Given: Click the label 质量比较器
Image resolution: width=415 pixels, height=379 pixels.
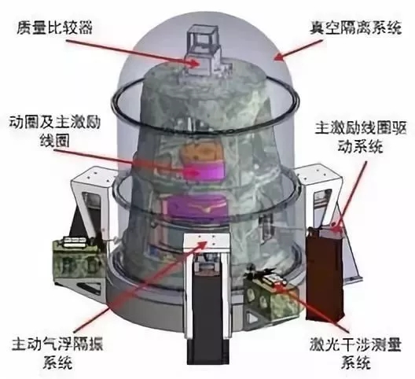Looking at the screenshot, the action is point(54,28).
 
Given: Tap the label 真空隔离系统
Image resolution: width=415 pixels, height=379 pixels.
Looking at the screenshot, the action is point(356,28).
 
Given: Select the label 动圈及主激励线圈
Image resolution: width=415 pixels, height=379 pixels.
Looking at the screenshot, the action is point(55,131).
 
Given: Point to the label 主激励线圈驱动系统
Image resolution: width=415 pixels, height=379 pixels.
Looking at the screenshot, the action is point(361,137).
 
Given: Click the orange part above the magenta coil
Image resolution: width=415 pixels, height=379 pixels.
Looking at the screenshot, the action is point(201,152).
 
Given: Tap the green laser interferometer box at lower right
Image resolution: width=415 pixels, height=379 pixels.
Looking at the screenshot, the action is point(271,296).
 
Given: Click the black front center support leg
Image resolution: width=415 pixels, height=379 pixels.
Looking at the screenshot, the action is point(207,312).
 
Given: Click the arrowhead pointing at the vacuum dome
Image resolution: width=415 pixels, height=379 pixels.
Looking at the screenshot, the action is point(277,57).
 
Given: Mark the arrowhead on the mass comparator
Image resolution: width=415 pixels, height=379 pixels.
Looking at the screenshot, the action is point(195,64).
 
